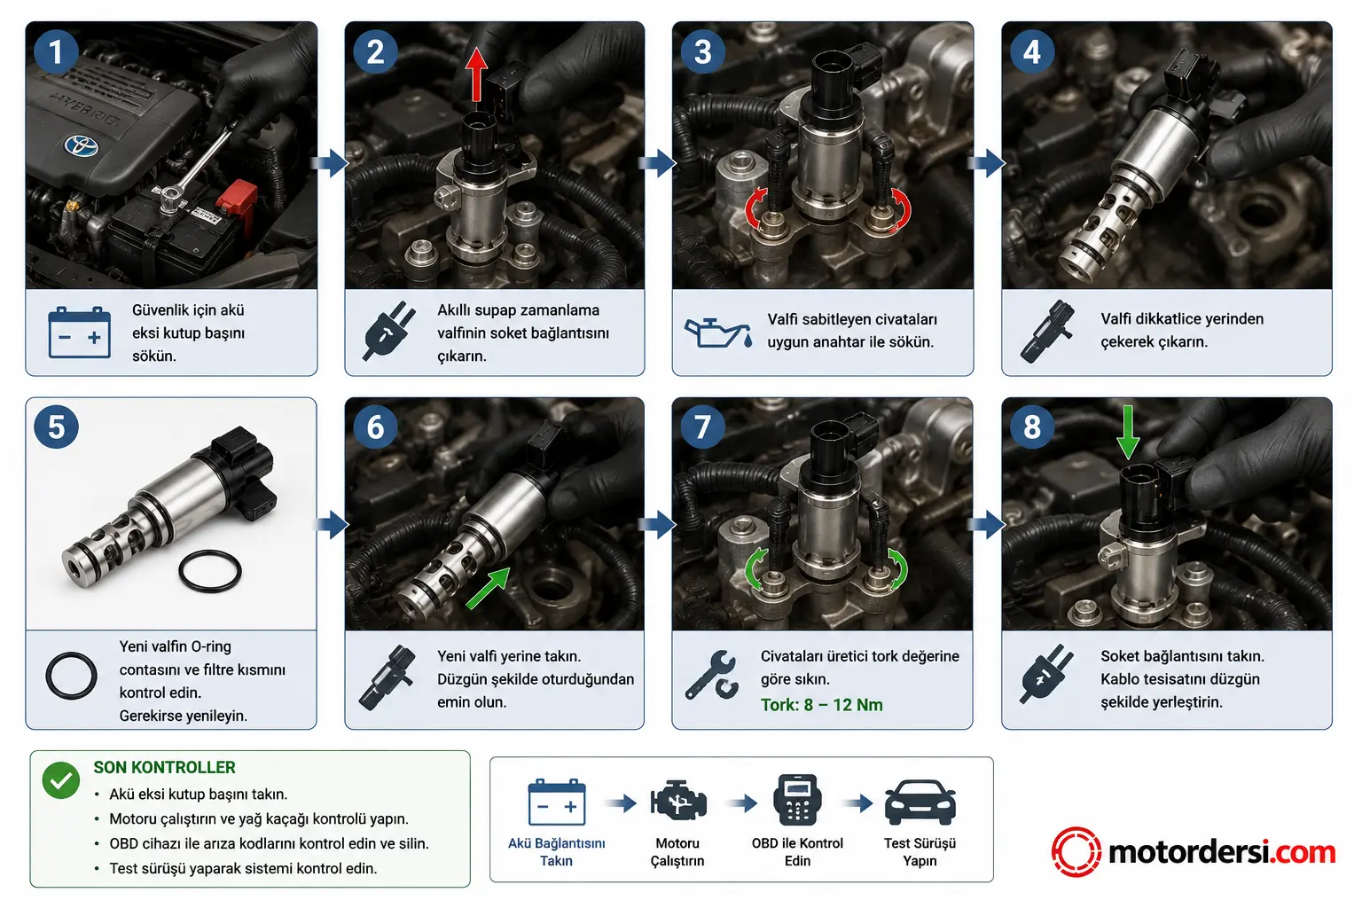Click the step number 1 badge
pos(56,52)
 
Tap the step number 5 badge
pos(56,427)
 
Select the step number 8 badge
pos(1032,427)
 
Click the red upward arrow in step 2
pos(477,74)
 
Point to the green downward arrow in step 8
pos(1129,433)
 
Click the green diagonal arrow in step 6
pos(489,588)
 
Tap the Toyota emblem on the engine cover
pos(82,146)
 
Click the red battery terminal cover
pos(237,200)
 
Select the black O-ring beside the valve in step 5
pos(210,571)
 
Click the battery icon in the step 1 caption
pos(80,332)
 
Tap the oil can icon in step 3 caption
pos(718,333)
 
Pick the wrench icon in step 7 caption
pos(711,675)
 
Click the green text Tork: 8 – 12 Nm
pos(821,705)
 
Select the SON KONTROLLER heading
pos(164,768)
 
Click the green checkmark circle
pos(61,780)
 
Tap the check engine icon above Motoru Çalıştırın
pos(678,802)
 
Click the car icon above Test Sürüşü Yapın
pos(920,802)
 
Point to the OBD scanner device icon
pos(797,800)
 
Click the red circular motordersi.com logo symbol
pos(1076,851)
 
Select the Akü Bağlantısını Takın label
pos(556,852)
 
